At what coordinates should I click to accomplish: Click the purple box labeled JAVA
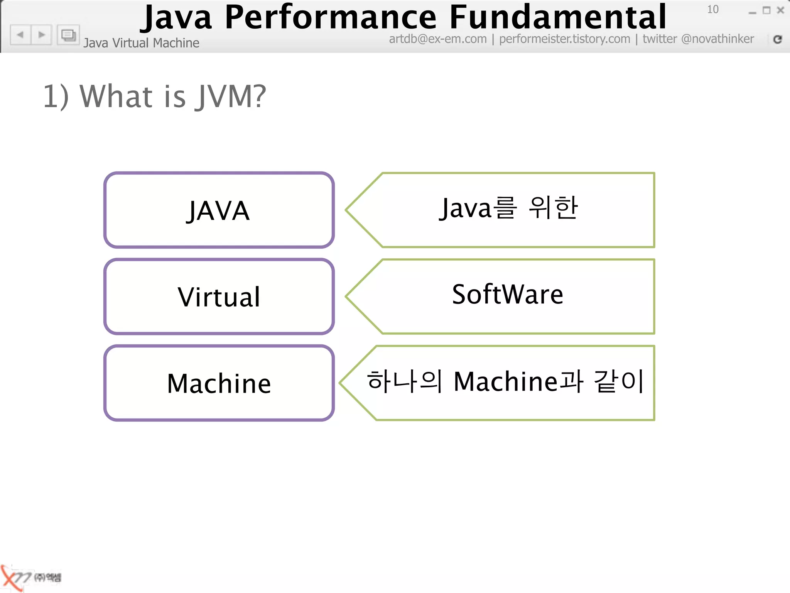pos(219,210)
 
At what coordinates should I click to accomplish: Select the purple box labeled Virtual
pos(219,296)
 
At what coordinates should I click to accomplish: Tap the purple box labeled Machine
pos(219,383)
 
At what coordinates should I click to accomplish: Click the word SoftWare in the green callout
pos(507,295)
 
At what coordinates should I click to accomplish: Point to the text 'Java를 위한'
pos(508,208)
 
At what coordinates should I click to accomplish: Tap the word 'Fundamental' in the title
pos(558,17)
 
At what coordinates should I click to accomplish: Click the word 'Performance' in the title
pos(331,17)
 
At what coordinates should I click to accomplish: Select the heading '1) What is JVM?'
pos(154,96)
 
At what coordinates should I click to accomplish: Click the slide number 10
pos(712,9)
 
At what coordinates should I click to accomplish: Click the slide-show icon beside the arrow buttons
pos(68,36)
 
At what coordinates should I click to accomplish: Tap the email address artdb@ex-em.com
pos(437,39)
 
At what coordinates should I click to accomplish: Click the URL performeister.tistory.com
pos(564,39)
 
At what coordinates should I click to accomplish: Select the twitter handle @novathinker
pos(717,39)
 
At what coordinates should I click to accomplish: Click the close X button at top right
pos(780,10)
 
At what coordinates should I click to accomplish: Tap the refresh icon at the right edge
pos(778,39)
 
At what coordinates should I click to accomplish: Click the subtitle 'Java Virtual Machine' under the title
pos(141,43)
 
